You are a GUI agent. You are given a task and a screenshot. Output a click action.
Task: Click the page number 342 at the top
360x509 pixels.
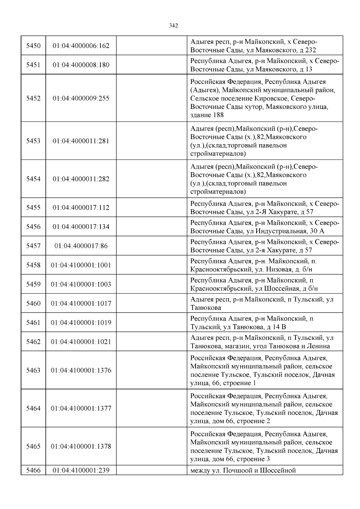[173, 26]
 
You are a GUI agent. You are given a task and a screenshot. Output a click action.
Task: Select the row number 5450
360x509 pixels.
[33, 46]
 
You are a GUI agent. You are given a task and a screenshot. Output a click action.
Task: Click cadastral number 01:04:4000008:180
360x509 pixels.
[81, 65]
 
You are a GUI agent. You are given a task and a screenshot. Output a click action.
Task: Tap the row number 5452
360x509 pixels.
[33, 98]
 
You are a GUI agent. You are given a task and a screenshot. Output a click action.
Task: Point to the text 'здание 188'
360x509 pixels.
[207, 115]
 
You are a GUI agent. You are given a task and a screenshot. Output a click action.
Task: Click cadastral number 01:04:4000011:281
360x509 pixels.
[81, 141]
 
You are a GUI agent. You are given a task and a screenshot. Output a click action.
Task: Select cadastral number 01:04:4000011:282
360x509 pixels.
[81, 179]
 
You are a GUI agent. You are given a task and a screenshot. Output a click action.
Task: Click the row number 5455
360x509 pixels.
[33, 208]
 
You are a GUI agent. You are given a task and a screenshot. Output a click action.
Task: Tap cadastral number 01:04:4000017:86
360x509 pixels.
[81, 246]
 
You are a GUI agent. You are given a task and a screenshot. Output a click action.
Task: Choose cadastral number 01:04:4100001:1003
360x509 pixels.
[81, 284]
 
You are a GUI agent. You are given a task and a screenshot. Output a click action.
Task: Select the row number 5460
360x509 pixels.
[33, 304]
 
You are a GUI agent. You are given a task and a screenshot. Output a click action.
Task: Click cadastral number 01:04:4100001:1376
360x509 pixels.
[81, 370]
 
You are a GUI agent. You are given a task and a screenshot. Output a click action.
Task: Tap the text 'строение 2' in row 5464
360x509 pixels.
[253, 421]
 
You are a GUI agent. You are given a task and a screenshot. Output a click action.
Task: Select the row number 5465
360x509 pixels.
[33, 446]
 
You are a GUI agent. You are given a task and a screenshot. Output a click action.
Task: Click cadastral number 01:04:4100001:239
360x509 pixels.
[81, 470]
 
